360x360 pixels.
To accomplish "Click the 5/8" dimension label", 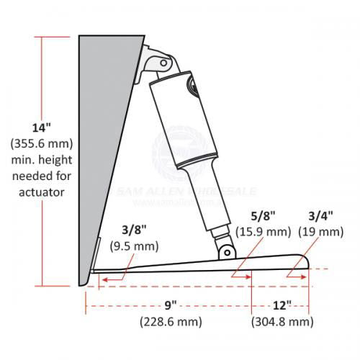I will click(x=264, y=216).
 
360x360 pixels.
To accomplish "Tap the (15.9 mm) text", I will click(x=264, y=232).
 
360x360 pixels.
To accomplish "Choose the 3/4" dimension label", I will click(x=321, y=216).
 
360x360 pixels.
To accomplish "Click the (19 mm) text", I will click(x=321, y=232).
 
